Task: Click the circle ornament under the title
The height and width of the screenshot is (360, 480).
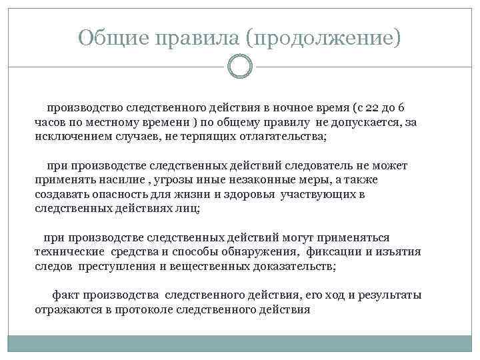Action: pos(240,67)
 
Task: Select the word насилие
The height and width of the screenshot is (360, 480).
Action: pos(122,180)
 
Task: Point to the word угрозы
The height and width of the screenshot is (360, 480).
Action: pos(174,180)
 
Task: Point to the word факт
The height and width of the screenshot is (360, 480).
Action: pos(65,295)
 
